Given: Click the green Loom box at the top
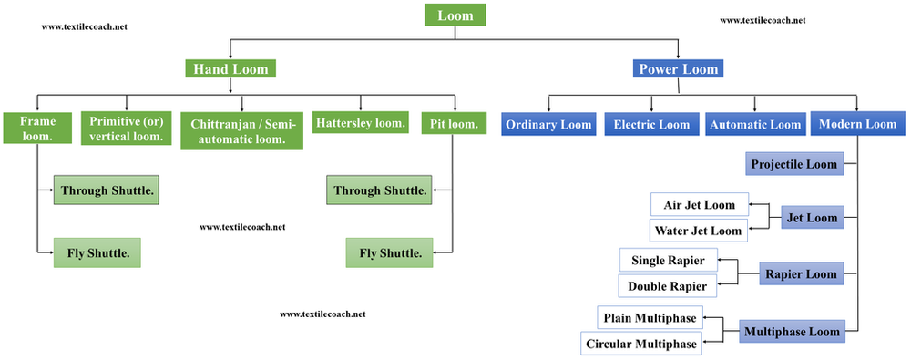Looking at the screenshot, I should click(x=455, y=15).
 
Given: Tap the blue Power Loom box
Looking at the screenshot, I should click(x=678, y=68).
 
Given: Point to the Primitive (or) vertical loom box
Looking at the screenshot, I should click(x=127, y=127).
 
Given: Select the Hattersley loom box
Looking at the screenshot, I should click(x=361, y=122).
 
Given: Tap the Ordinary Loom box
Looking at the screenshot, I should click(x=549, y=124).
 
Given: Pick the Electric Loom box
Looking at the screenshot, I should click(x=650, y=124).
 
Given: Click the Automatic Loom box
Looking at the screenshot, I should click(x=754, y=124).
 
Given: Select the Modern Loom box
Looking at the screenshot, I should click(x=857, y=124).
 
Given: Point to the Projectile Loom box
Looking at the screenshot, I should click(x=793, y=165).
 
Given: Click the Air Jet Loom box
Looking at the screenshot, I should click(x=699, y=204).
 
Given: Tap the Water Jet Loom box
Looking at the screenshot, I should click(x=699, y=231).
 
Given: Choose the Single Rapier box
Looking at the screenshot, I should click(x=669, y=260).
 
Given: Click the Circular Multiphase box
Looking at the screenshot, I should click(x=642, y=344).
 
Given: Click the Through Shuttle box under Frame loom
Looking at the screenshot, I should click(x=106, y=190).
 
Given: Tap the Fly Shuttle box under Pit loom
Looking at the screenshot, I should click(x=390, y=252).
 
